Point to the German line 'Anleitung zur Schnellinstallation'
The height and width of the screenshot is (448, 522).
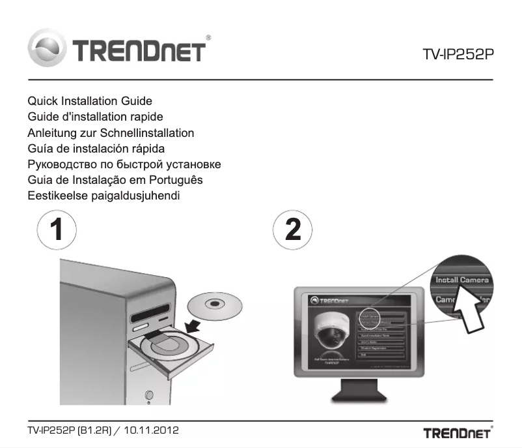[x=111, y=132]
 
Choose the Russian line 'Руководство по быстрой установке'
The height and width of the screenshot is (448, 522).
[x=124, y=164]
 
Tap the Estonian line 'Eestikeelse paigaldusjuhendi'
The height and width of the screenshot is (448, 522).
[x=108, y=195]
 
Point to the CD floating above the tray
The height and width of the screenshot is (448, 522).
[x=214, y=305]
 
